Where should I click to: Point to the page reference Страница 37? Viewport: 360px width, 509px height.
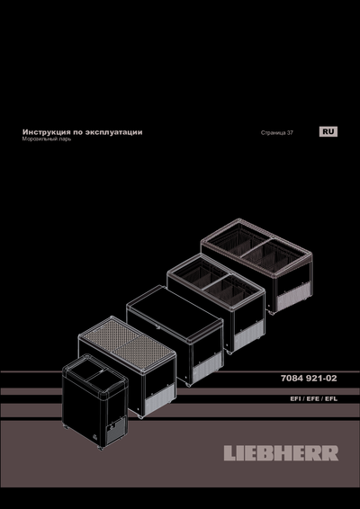click(x=276, y=133)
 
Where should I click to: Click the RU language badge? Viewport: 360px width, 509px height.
click(x=328, y=132)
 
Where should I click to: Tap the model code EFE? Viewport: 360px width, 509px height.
click(x=310, y=398)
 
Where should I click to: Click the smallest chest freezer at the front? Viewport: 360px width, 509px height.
click(x=94, y=400)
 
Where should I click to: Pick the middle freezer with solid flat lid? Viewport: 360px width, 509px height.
click(x=175, y=333)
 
